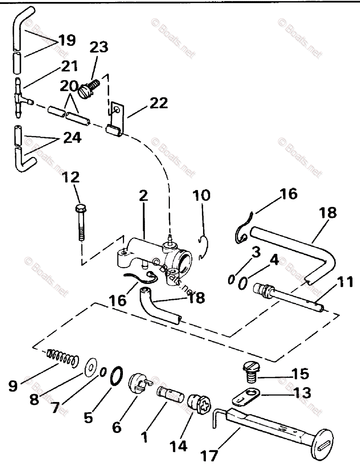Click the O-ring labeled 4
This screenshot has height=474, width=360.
pyautogui.click(x=243, y=283)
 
